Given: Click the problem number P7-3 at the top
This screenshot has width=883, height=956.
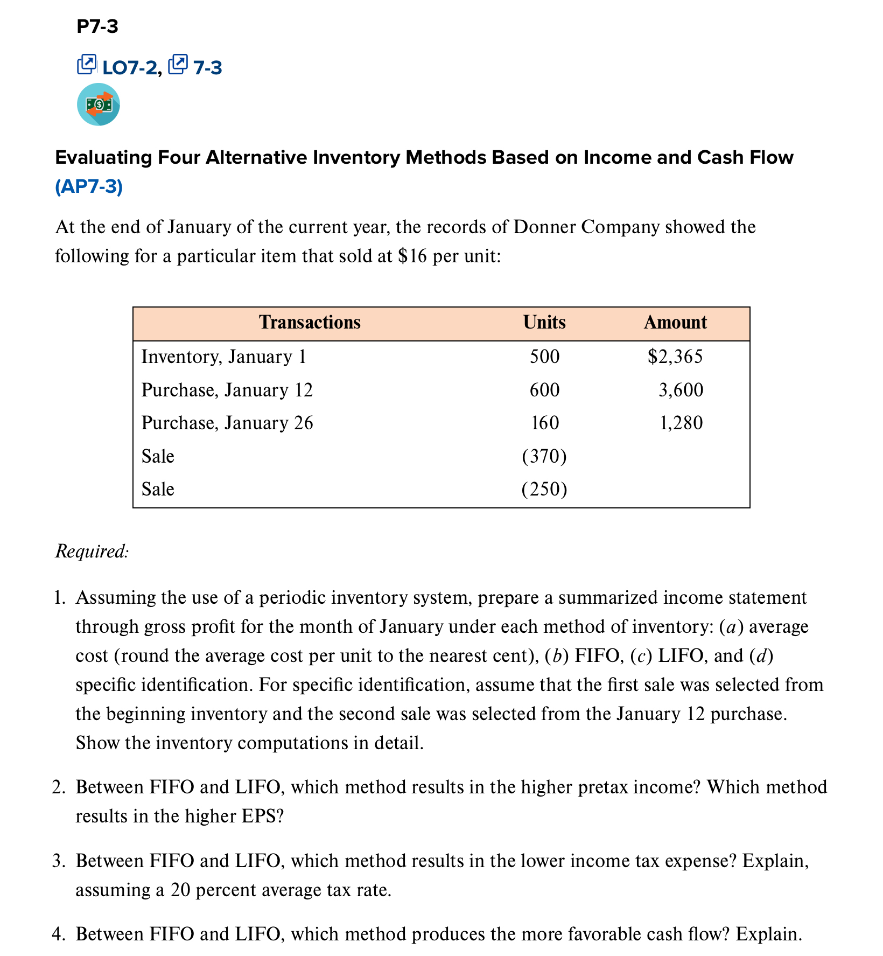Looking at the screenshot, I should pos(97,26).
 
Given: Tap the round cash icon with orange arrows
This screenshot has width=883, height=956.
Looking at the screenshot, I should pos(99,104).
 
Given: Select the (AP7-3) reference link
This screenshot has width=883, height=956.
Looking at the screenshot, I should pos(89,186).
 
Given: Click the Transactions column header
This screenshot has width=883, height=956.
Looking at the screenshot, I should pos(310,322).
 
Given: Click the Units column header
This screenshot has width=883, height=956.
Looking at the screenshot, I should pos(544,322).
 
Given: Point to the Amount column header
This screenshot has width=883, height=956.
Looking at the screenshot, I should pos(675,322).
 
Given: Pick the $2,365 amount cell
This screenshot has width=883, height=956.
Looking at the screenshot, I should pos(675,357).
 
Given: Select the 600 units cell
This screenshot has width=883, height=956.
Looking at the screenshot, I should pos(544,390).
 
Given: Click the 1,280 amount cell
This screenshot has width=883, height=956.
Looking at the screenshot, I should pos(681,423).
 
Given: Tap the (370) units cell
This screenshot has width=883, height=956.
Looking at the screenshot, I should pos(544,456).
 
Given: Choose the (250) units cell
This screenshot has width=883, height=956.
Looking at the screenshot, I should pos(544,489).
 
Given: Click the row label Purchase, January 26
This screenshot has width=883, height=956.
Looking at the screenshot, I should pos(227,423).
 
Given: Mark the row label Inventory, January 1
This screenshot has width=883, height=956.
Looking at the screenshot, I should pos(223,357).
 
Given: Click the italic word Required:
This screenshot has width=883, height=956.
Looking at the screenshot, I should pos(92,552).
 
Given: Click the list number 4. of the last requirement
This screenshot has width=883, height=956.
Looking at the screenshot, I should pos(59,933).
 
